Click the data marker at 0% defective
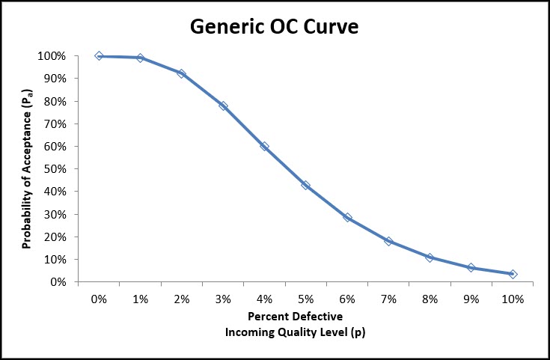click(x=99, y=56)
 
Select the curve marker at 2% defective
click(x=181, y=73)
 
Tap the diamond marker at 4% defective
click(x=264, y=146)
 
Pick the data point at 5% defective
click(x=305, y=185)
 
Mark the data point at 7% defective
click(x=388, y=241)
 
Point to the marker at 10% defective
click(x=513, y=274)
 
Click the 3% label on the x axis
click(x=223, y=299)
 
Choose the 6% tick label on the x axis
click(x=347, y=299)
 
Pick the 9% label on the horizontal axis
click(x=471, y=299)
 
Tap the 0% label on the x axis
click(x=99, y=299)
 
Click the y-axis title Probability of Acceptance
click(x=26, y=169)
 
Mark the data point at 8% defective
click(x=430, y=257)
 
